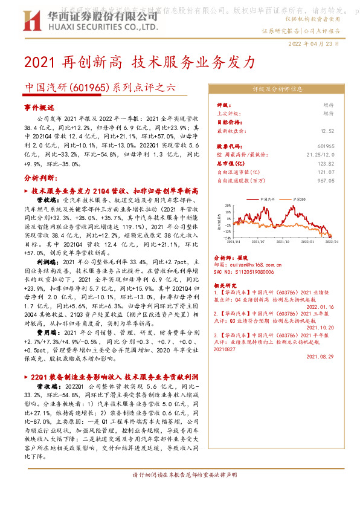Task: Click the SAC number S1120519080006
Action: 243,273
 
